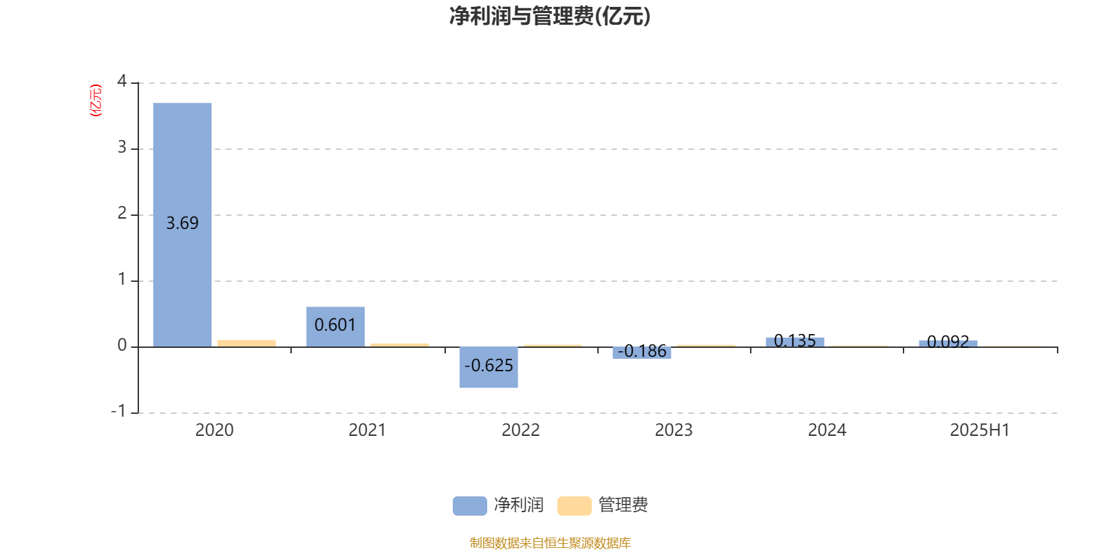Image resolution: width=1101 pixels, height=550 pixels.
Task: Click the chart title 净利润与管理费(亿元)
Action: click(x=550, y=16)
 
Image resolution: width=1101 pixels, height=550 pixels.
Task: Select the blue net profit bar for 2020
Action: click(x=182, y=225)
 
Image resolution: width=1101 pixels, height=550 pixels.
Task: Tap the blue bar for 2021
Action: click(x=336, y=327)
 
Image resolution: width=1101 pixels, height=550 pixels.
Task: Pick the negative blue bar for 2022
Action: click(x=489, y=367)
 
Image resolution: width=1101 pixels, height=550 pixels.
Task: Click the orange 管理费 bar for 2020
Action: click(x=247, y=344)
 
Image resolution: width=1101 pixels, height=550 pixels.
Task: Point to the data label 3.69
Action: click(x=182, y=223)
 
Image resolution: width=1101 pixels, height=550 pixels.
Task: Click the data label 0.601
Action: click(x=335, y=324)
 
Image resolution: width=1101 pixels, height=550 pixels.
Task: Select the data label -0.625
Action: click(x=489, y=365)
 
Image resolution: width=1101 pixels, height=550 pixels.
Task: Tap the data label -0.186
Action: click(x=642, y=351)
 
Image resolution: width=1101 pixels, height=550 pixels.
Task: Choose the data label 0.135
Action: click(x=795, y=340)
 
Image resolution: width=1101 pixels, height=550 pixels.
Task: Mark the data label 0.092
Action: click(x=948, y=341)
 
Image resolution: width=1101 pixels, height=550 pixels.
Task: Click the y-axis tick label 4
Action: click(x=122, y=81)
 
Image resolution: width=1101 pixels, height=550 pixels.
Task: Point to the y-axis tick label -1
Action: click(x=118, y=411)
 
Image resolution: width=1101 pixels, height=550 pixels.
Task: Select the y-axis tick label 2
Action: click(x=122, y=213)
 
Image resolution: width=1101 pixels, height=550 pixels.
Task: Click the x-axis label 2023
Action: click(x=674, y=430)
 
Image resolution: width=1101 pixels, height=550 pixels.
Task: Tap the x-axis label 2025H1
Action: click(x=980, y=430)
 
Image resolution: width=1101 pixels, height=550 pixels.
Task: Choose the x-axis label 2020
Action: click(x=214, y=430)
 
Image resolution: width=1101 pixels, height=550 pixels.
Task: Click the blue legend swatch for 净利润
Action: click(x=470, y=506)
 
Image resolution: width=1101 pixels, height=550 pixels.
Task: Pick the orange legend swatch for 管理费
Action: click(x=574, y=506)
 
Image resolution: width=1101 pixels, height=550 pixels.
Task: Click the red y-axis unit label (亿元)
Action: click(x=96, y=100)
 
